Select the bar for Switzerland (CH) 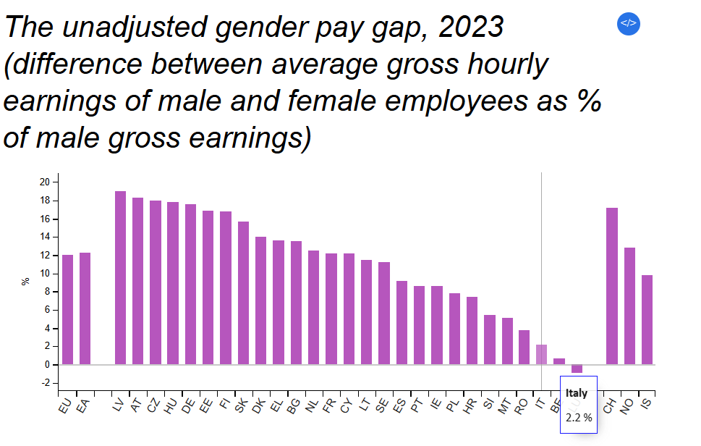click(x=611, y=286)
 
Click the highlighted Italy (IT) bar click(x=541, y=354)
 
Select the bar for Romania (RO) click(x=524, y=347)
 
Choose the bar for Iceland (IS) click(x=647, y=319)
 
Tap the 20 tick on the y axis click(x=45, y=182)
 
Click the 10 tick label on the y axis click(x=45, y=274)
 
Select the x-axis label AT click(x=135, y=406)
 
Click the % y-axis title click(x=26, y=282)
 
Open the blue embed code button click(x=628, y=22)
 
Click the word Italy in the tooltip click(x=577, y=393)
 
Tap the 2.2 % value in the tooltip click(x=578, y=418)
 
